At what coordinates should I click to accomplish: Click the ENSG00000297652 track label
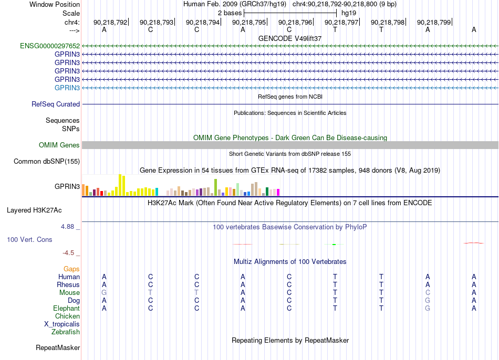point(50,46)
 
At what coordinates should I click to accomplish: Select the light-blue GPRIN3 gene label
point(67,88)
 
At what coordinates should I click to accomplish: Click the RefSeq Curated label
point(56,104)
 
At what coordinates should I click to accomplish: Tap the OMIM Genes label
point(59,145)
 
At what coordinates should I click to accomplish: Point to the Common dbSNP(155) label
point(47,161)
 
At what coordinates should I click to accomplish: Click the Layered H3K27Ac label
point(34,210)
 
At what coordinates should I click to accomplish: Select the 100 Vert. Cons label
point(29,239)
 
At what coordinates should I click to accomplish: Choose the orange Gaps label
point(71,269)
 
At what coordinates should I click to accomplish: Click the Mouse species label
point(69,293)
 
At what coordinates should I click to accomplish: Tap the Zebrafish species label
point(66,332)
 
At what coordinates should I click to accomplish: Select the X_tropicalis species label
point(62,324)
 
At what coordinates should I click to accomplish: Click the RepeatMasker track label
point(58,347)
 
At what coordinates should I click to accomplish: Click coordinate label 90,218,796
point(295,22)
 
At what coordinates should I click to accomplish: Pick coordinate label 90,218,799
point(434,22)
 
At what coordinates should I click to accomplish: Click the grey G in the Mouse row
point(104,293)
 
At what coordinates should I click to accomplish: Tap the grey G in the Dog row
point(428,301)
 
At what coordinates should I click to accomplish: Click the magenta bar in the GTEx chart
point(278,193)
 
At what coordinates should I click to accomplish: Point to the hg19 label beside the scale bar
point(349,13)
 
